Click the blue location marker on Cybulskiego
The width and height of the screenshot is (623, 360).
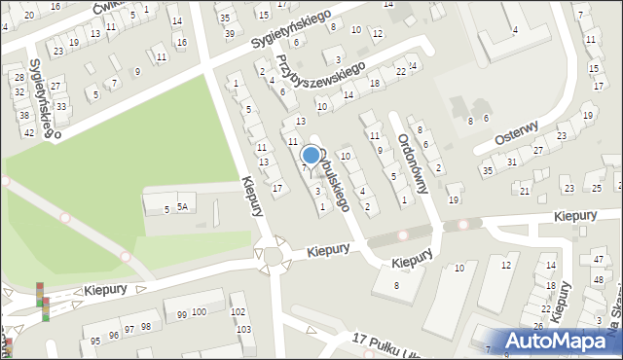click(x=311, y=156)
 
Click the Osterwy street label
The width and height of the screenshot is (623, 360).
click(x=518, y=132)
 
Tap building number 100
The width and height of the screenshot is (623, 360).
click(x=199, y=311)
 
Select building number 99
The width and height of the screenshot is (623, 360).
click(x=181, y=314)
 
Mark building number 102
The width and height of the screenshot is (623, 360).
click(x=238, y=312)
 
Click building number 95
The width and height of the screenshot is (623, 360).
click(x=95, y=341)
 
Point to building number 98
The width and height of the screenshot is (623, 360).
click(x=145, y=327)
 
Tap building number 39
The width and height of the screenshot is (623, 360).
click(x=230, y=33)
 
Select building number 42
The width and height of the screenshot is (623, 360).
click(x=29, y=132)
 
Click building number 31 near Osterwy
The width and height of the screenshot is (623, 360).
click(x=512, y=162)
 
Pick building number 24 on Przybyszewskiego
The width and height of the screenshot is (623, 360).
click(x=413, y=66)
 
